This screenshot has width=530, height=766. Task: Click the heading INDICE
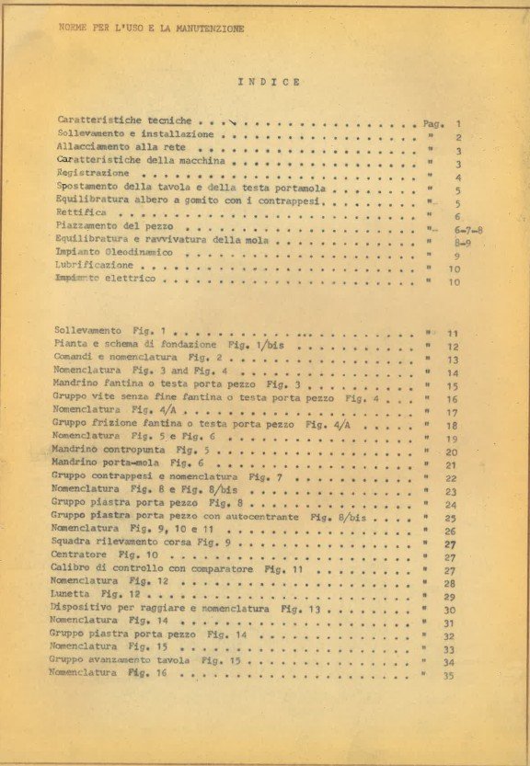click(x=269, y=82)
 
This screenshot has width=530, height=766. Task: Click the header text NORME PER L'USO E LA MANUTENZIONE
click(x=151, y=29)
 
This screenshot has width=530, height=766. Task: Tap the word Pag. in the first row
click(x=433, y=122)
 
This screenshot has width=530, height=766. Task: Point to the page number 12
click(x=452, y=347)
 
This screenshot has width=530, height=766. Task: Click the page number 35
click(x=449, y=676)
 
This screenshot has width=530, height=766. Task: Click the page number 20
click(x=451, y=452)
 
